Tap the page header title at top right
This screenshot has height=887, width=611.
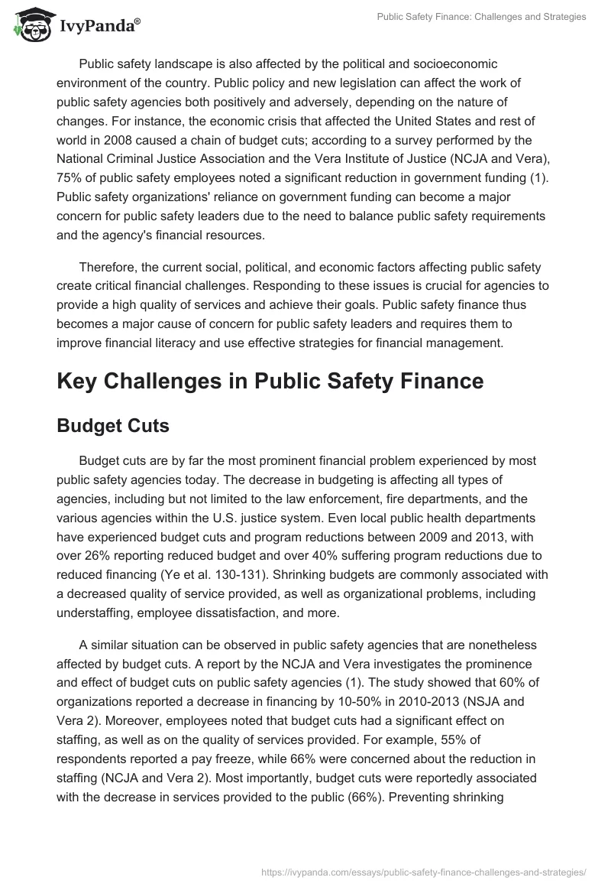482,17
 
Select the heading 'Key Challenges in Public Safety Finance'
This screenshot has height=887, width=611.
270,382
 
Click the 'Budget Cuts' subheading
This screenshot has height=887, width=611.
113,426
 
